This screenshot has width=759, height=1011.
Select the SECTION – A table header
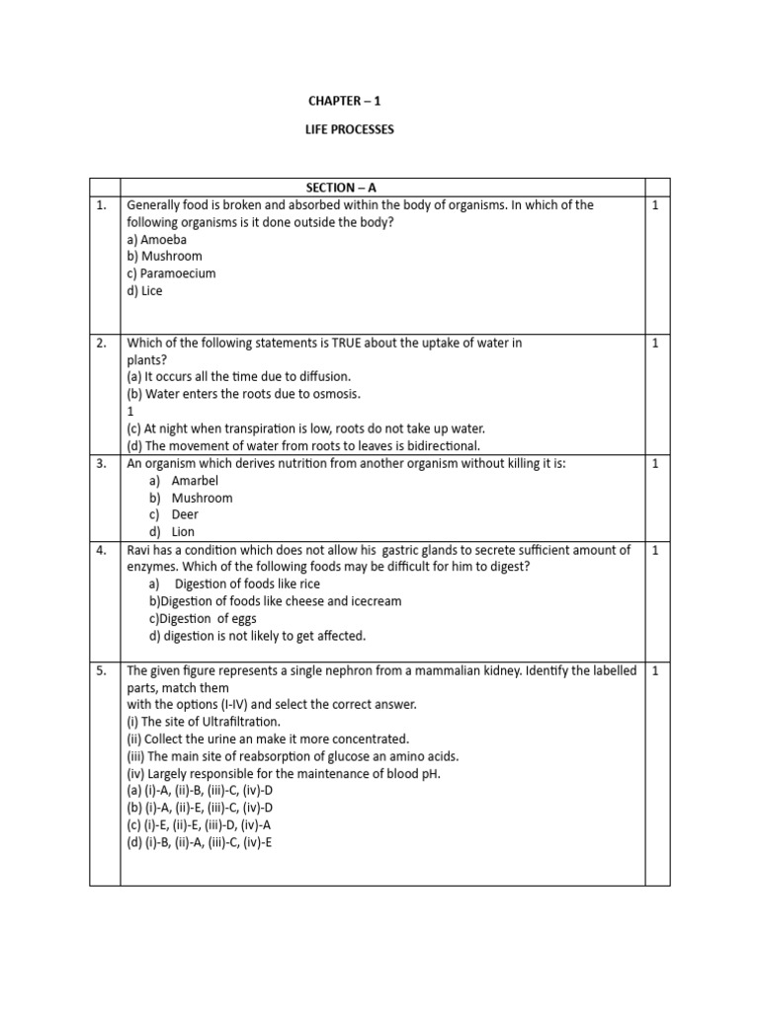[x=350, y=188]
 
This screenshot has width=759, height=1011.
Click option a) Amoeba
[x=157, y=240]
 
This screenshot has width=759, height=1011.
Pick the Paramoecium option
[x=171, y=273]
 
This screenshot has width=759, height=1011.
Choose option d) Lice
[x=144, y=291]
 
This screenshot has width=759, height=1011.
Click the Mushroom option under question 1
[x=164, y=257]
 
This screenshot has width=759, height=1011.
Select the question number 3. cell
[x=102, y=463]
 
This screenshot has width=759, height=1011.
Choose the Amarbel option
[x=195, y=481]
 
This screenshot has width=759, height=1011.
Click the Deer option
[x=185, y=514]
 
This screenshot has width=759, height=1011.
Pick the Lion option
[x=184, y=532]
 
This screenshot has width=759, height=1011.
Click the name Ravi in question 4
[x=140, y=550]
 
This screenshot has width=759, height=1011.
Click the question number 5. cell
[x=102, y=671]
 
